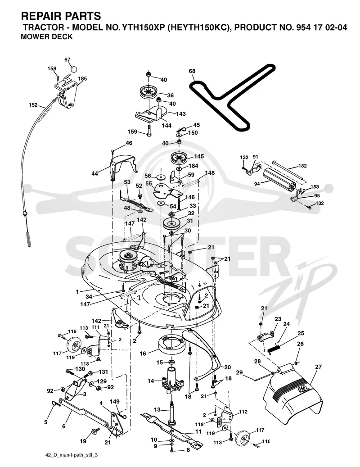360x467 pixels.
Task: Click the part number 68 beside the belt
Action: click(192, 71)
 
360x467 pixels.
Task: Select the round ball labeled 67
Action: click(73, 69)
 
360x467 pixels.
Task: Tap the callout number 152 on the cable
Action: click(33, 105)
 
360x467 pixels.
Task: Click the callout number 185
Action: click(82, 79)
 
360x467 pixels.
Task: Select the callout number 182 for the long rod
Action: click(302, 166)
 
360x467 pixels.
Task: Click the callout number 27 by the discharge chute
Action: click(318, 367)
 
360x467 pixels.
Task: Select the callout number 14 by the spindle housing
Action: click(151, 381)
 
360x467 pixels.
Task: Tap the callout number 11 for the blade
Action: click(198, 431)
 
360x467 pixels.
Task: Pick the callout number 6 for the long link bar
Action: click(63, 426)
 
